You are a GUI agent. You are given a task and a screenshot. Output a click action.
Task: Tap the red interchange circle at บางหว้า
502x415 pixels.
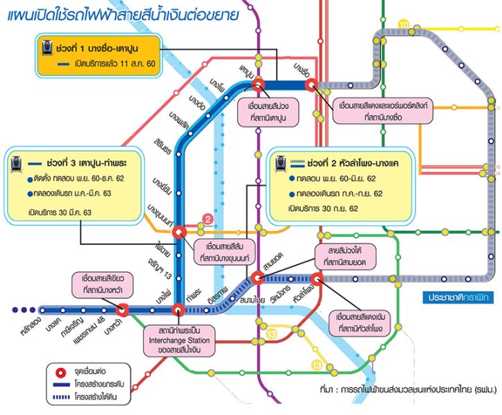(123, 310)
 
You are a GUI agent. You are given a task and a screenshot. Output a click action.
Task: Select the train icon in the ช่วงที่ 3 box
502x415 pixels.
(15, 163)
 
